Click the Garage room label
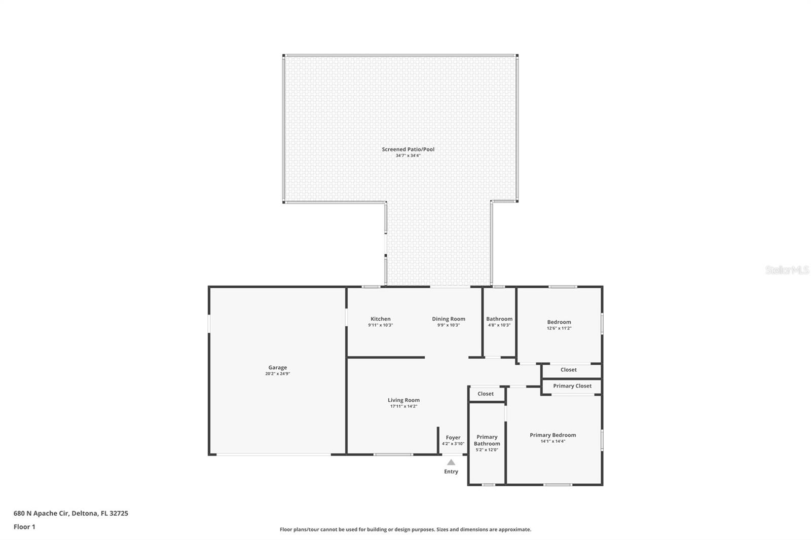[x=277, y=367]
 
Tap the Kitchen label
[x=380, y=319]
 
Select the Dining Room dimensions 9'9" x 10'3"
[x=448, y=325]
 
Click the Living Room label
[x=403, y=400]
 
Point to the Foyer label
[x=453, y=437]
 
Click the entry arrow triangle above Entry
[x=451, y=462]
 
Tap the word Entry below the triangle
[x=451, y=472]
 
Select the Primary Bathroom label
[x=487, y=440]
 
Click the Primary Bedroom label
[x=552, y=435]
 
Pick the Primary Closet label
[x=572, y=385]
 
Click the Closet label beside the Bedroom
[x=568, y=369]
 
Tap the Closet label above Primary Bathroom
[x=485, y=394]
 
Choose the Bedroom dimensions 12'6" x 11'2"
[x=559, y=328]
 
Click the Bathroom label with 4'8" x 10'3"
[x=499, y=319]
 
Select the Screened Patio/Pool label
[x=408, y=149]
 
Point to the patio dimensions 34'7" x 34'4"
[x=408, y=156]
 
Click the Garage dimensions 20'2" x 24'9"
[x=277, y=374]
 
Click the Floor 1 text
[x=24, y=527]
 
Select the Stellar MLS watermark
[x=787, y=271]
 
